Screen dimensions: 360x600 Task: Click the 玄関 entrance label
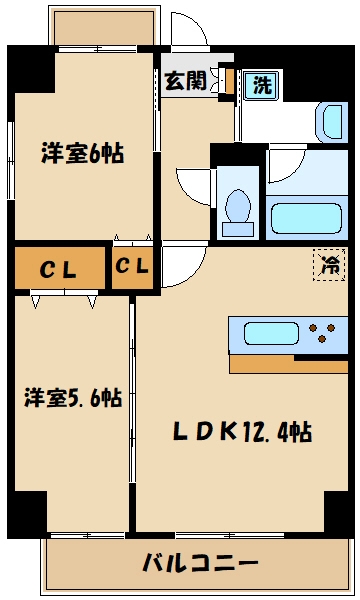coord(186,80)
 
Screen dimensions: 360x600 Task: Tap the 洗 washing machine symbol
coord(263,85)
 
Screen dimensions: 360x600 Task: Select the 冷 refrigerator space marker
coord(329,265)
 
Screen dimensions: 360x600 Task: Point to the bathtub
coord(306,218)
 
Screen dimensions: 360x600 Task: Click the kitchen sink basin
coord(271,333)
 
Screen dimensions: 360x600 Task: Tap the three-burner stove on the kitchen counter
coord(322,333)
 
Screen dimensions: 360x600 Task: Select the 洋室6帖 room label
coord(83,153)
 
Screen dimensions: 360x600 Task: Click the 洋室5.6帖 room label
coord(73,398)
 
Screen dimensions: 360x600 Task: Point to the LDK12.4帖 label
coord(243,432)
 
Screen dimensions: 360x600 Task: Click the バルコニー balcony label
coord(200,562)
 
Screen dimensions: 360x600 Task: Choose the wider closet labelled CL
coord(60,268)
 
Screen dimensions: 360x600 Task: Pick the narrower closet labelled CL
coord(132,268)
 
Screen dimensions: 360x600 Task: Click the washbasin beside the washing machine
coord(332,122)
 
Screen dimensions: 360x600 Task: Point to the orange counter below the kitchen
coord(288,364)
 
